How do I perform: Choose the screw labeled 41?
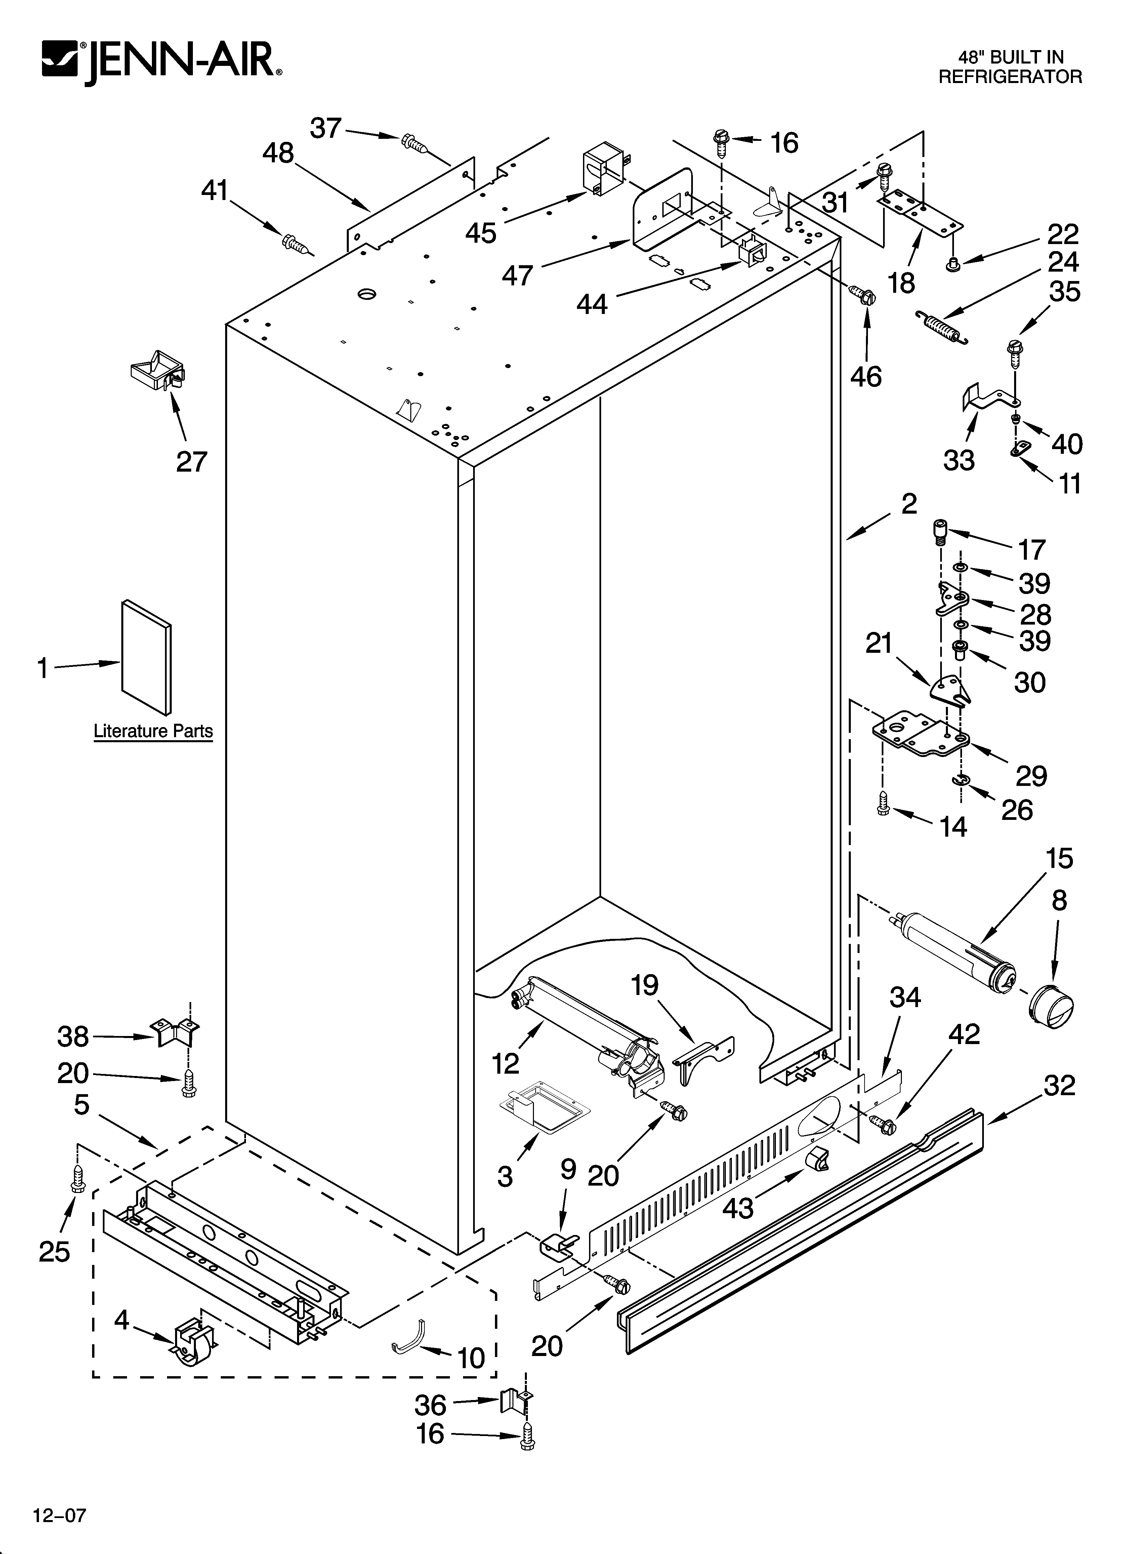(296, 243)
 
